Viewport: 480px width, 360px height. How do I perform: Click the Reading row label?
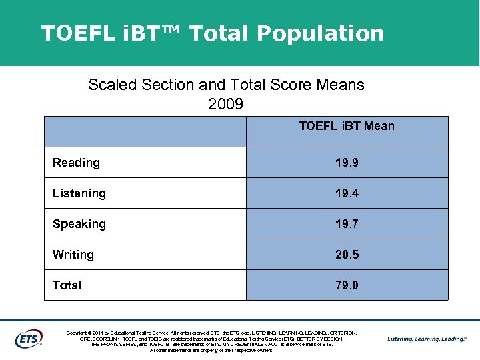[76, 163]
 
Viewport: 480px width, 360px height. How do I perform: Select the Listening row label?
[79, 193]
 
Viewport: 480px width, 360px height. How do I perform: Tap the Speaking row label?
[79, 224]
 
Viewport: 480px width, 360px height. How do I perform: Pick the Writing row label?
[73, 255]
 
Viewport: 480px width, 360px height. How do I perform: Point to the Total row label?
[67, 285]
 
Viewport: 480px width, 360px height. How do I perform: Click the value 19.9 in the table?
[347, 163]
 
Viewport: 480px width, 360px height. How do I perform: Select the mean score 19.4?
[347, 193]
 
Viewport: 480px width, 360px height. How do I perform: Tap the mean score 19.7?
[347, 224]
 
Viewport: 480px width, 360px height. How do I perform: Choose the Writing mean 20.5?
[347, 255]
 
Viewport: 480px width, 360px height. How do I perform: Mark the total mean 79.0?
[347, 285]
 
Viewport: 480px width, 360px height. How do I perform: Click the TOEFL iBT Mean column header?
[347, 126]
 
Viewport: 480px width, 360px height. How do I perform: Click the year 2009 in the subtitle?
[226, 105]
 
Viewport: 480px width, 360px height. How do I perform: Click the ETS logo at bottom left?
[29, 339]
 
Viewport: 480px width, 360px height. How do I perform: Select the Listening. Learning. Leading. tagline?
[427, 339]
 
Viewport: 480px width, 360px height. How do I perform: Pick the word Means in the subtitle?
[342, 85]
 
